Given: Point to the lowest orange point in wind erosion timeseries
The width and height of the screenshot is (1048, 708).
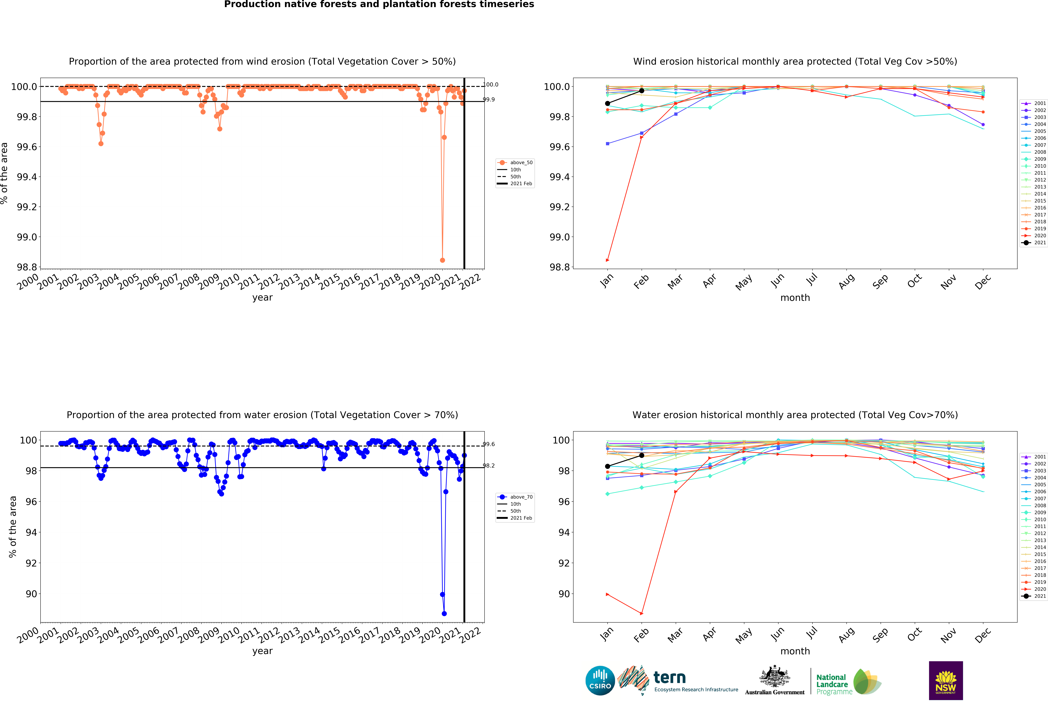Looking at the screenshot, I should [x=442, y=260].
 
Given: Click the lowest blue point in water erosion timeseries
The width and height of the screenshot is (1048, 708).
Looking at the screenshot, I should [x=444, y=613].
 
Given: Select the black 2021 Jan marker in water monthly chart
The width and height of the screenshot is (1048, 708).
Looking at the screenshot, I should [x=607, y=466].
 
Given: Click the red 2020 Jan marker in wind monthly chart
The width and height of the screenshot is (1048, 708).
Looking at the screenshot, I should [x=607, y=260].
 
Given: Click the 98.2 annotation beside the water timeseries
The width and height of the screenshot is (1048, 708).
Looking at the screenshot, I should [x=489, y=466].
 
